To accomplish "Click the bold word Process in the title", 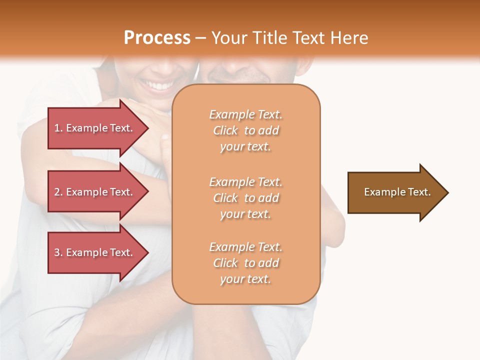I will (157, 38).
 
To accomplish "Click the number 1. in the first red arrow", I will (58, 128).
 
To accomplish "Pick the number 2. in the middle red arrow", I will (58, 192).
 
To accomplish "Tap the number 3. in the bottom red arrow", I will (58, 253).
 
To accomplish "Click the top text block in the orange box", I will (245, 130).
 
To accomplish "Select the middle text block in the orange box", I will (245, 198).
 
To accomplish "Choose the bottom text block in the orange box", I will (245, 263).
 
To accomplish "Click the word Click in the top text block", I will (225, 130).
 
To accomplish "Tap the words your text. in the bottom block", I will (245, 279).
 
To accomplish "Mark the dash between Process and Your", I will (200, 38).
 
